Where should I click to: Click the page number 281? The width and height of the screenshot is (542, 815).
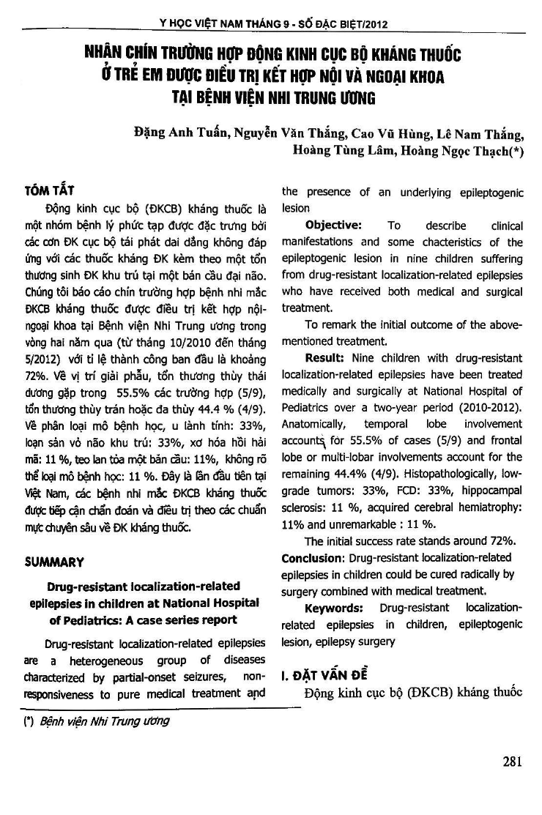(x=512, y=761)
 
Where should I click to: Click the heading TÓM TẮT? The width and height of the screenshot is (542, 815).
(x=46, y=193)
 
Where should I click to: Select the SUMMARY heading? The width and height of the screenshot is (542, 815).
(x=54, y=562)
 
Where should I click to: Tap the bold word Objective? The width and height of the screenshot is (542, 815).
(x=333, y=225)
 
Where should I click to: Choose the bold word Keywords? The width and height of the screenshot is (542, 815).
(x=334, y=608)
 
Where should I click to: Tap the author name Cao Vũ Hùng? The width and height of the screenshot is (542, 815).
(x=387, y=133)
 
